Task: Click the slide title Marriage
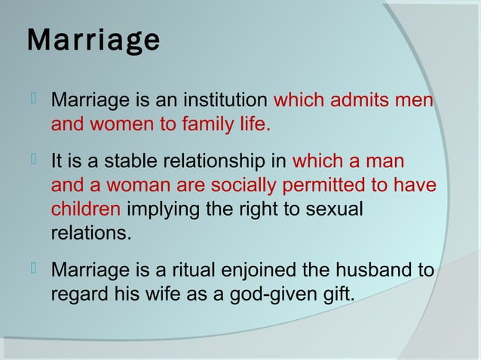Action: [93, 40]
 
